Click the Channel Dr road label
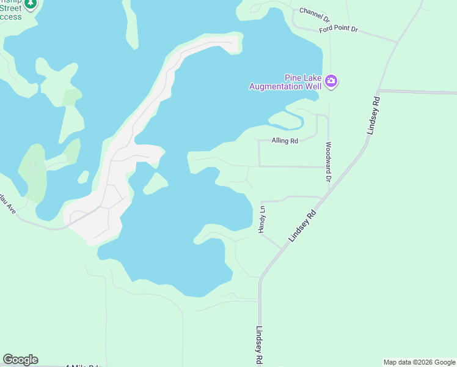click(x=314, y=12)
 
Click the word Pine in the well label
click(x=294, y=78)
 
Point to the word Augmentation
click(x=277, y=86)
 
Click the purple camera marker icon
click(x=331, y=81)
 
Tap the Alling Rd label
click(x=285, y=141)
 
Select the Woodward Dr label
click(x=328, y=162)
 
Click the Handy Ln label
click(x=261, y=219)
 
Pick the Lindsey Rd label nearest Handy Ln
click(x=303, y=225)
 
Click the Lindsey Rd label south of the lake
click(x=260, y=344)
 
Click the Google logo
click(x=20, y=360)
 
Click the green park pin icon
click(x=31, y=4)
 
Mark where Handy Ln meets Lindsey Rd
click(x=282, y=248)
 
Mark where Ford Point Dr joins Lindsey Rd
click(x=397, y=42)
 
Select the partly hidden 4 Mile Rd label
click(x=82, y=365)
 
